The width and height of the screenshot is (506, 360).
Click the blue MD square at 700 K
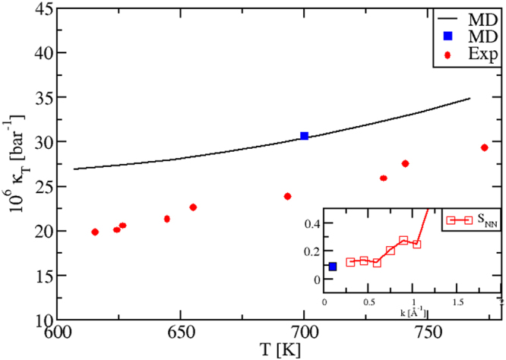point(304,136)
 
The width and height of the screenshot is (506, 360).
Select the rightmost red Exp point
point(485,147)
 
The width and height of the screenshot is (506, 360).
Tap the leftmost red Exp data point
point(95,232)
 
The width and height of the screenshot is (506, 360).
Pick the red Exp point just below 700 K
point(288,196)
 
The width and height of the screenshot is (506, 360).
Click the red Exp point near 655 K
point(193,207)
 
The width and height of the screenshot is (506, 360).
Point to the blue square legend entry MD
point(448,37)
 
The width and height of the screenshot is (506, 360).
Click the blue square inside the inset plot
point(332,267)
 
